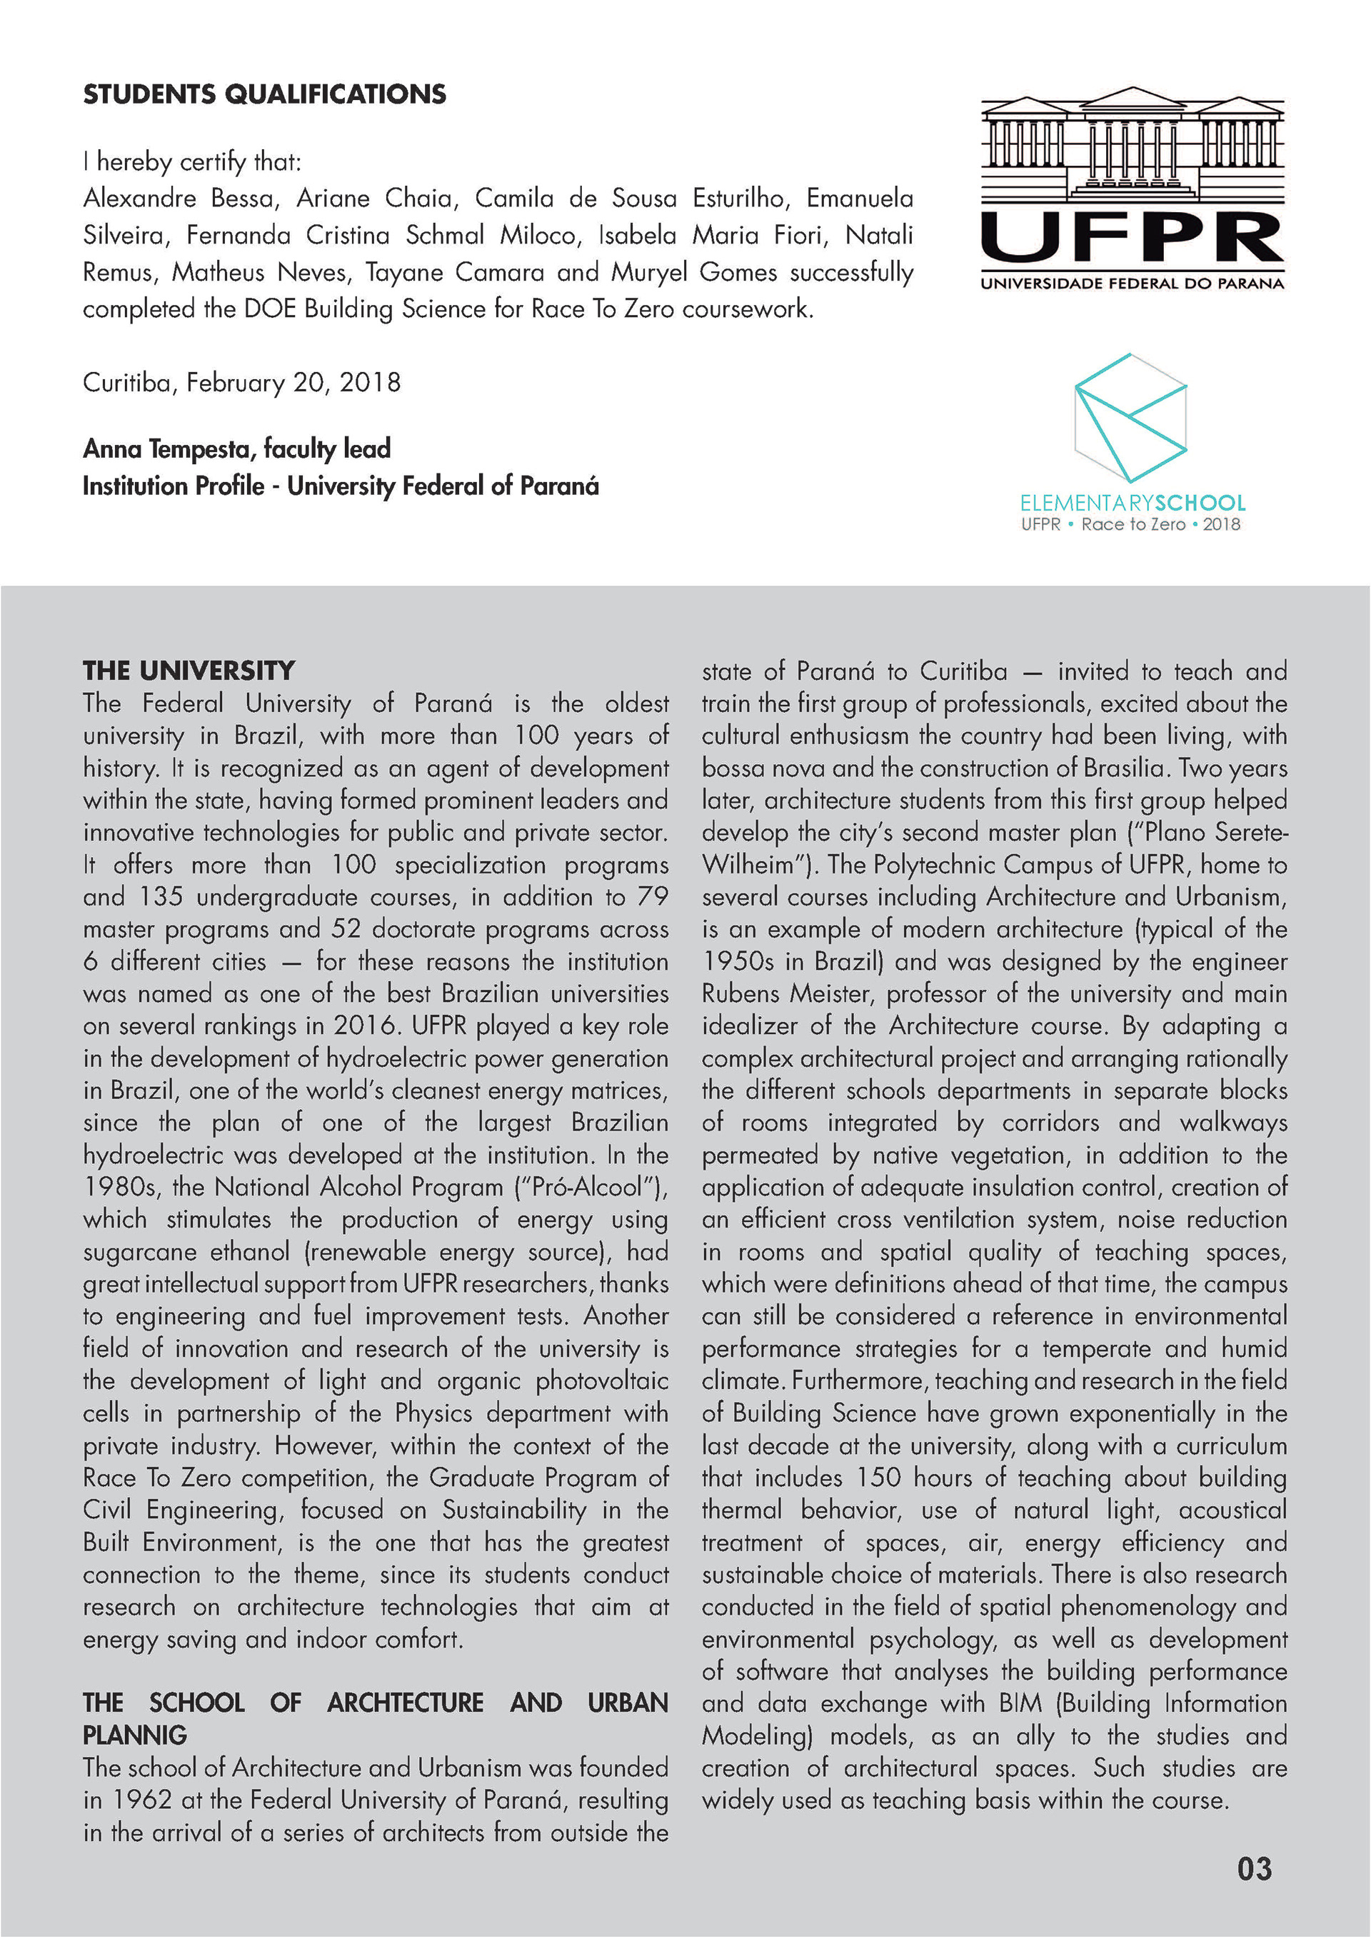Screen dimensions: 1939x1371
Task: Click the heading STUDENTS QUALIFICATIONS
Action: point(264,94)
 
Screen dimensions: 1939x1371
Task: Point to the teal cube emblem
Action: point(1130,417)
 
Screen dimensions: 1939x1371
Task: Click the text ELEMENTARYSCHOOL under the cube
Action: point(1132,503)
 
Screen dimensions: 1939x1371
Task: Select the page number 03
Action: point(1254,1869)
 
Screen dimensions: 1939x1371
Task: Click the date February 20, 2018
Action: point(293,383)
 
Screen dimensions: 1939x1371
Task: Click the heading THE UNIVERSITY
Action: point(189,671)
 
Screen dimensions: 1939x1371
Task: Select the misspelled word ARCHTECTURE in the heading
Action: point(405,1703)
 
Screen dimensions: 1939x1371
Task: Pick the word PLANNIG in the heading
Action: point(135,1735)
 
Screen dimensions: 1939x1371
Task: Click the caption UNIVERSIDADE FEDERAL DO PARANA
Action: point(1131,284)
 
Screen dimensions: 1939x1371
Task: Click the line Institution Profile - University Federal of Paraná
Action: point(341,486)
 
